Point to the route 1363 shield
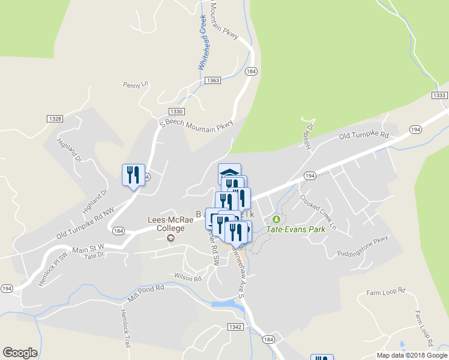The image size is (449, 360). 212,80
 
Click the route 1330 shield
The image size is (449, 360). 176,112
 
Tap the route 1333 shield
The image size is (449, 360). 439,96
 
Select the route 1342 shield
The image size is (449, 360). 235,327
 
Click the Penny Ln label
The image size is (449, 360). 135,85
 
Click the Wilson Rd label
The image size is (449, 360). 187,277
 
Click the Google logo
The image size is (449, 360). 20,353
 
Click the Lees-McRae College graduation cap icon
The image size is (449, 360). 171,238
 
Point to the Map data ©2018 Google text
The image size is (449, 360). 412,355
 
